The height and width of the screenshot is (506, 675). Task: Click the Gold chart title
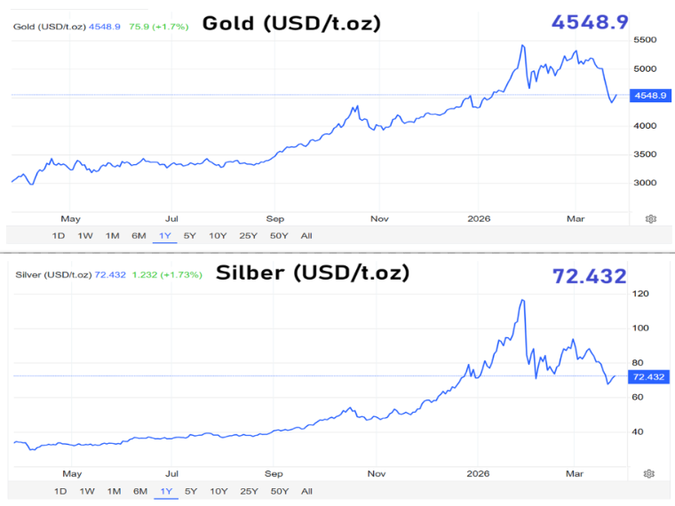(291, 23)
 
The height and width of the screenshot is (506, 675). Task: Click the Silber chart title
(313, 273)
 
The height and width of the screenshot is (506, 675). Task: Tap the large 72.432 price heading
(590, 276)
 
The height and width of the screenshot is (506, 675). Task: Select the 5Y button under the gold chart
(190, 235)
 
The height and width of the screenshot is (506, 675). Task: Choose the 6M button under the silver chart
(140, 491)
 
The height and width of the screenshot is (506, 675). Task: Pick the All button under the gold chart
(306, 235)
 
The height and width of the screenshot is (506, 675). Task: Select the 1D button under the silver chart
(60, 491)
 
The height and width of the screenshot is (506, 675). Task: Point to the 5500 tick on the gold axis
(644, 40)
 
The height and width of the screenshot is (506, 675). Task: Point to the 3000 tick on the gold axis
(644, 183)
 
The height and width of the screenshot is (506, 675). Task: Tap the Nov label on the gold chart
(379, 218)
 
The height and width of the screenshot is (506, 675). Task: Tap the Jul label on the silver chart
(172, 474)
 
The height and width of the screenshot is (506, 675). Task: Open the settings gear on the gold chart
(651, 218)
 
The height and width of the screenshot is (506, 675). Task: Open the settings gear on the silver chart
(650, 474)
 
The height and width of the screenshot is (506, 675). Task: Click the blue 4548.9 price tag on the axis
(647, 96)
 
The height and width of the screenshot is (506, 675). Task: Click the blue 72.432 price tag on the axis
(647, 377)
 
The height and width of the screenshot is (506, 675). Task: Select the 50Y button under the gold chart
(278, 235)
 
